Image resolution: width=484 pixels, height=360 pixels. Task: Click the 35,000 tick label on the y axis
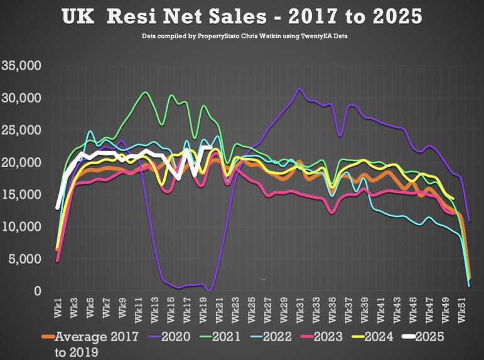point(22,65)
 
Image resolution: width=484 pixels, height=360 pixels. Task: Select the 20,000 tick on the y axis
point(22,162)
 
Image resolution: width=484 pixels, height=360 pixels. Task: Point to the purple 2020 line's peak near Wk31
point(300,90)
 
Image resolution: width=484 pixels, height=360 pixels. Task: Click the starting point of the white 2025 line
point(58,207)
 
